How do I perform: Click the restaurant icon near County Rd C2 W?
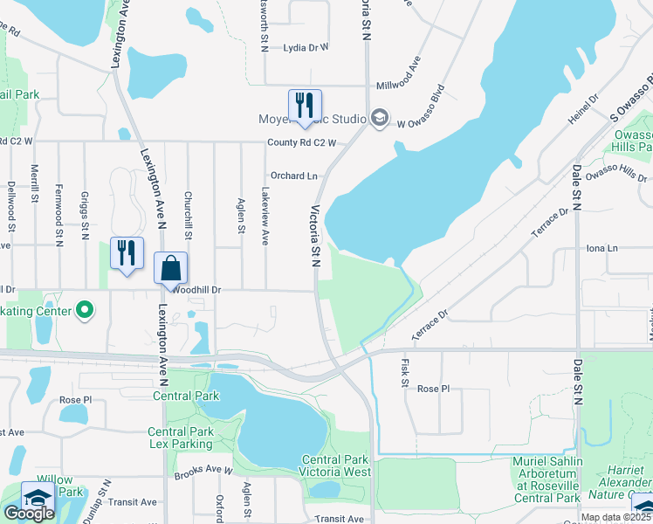pyautogui.click(x=305, y=106)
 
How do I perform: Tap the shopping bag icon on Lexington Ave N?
pyautogui.click(x=171, y=269)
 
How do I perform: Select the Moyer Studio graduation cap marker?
pyautogui.click(x=379, y=117)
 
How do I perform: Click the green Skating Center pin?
pyautogui.click(x=85, y=309)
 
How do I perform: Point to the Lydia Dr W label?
pyautogui.click(x=306, y=48)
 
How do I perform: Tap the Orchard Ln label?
pyautogui.click(x=293, y=176)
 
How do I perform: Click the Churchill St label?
pyautogui.click(x=188, y=215)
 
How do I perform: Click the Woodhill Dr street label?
pyautogui.click(x=197, y=289)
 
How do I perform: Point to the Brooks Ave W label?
pyautogui.click(x=203, y=472)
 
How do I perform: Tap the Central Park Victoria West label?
pyautogui.click(x=336, y=466)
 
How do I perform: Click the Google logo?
pyautogui.click(x=29, y=514)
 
